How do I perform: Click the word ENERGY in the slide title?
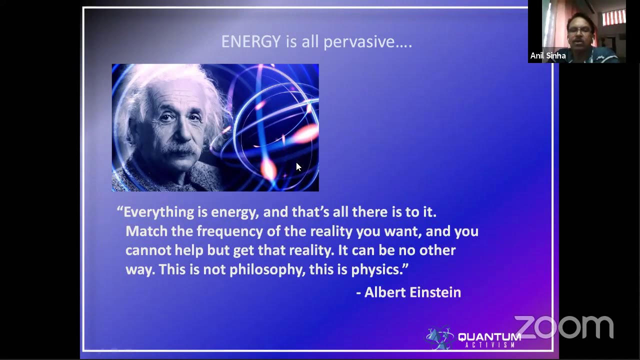point(250,41)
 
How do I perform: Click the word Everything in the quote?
point(158,212)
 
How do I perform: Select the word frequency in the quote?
point(229,231)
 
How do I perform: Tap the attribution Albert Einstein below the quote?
point(412,292)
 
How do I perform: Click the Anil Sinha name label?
point(548,56)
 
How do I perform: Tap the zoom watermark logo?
point(563,327)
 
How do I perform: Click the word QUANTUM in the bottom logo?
point(489,337)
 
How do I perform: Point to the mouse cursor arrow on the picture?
point(298,167)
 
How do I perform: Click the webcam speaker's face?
point(580,33)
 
